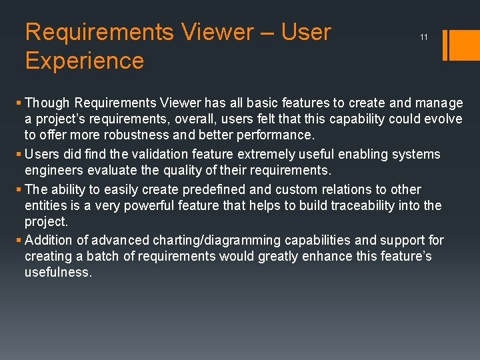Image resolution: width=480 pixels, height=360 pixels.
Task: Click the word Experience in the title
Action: (84, 61)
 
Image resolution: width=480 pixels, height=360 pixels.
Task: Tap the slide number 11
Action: (424, 37)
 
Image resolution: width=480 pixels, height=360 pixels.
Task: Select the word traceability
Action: (377, 205)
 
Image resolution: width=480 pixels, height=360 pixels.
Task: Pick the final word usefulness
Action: (57, 272)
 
